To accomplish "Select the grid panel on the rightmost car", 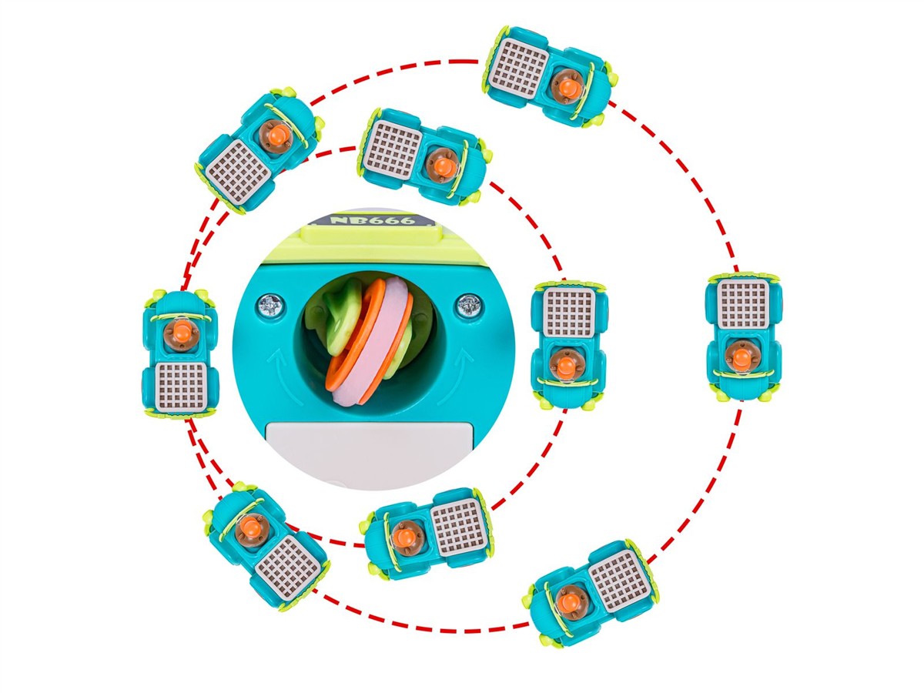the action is coord(743,304).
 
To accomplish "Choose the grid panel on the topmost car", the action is coord(519,67).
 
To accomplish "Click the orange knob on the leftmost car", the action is coord(182,332).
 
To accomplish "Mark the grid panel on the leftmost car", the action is coord(181,387).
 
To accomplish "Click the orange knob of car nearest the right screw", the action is coord(564,367).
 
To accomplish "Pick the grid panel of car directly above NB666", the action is coord(393,150).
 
